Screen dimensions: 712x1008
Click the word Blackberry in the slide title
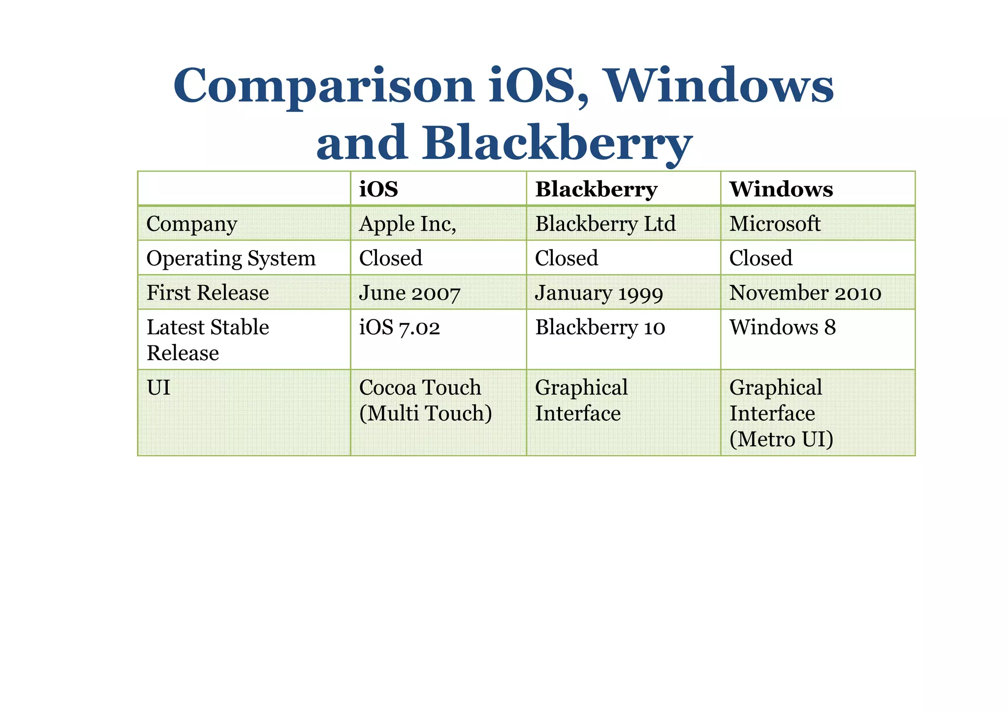557,143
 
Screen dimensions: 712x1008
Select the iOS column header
378,189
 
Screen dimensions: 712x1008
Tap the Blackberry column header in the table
596,189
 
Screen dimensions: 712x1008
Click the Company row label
191,224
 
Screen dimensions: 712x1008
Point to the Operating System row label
231,259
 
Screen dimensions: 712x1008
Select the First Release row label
208,293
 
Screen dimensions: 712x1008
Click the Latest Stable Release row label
208,340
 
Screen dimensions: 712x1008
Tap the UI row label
158,388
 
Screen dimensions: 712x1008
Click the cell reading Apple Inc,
408,224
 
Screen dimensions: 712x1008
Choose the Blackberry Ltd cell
605,224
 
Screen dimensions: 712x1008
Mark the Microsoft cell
775,224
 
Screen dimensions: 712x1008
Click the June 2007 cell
409,293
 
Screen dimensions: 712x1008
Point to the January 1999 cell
599,293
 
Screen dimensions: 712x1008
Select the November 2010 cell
805,293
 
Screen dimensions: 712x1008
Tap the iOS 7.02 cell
400,328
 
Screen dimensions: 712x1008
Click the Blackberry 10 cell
600,328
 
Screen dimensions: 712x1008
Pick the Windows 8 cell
783,328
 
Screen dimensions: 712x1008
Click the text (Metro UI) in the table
781,439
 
